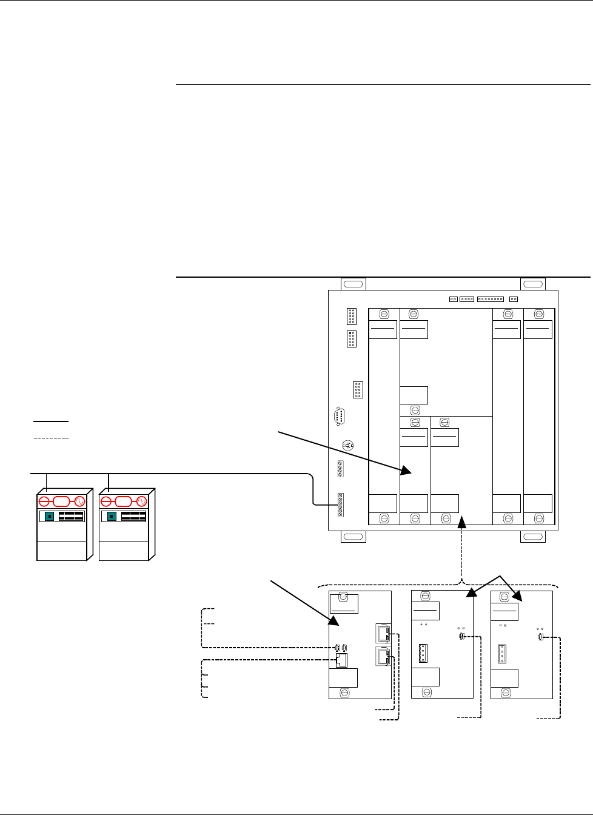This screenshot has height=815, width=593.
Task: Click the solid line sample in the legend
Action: tap(51, 421)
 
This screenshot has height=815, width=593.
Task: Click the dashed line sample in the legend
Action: tap(51, 437)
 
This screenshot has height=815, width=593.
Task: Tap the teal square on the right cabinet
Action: tap(112, 517)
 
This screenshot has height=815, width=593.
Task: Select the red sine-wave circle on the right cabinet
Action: tap(141, 501)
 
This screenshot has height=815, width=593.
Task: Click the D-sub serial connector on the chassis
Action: tap(340, 417)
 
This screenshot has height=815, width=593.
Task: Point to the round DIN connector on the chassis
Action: tap(348, 445)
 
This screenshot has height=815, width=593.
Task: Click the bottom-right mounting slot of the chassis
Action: tap(533, 537)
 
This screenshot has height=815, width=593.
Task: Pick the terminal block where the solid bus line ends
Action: tap(340, 505)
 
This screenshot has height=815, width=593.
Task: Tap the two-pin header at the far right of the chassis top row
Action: tap(514, 299)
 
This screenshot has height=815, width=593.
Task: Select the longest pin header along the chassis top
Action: tap(490, 299)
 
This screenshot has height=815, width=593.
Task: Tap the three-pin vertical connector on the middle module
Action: tap(422, 654)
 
